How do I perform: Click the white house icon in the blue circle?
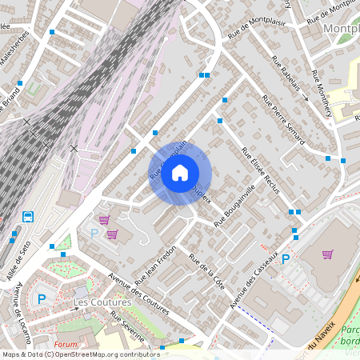pyautogui.click(x=180, y=172)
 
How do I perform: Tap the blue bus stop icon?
pyautogui.click(x=28, y=216)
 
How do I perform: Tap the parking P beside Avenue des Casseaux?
pyautogui.click(x=285, y=258)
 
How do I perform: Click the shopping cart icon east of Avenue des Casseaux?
pyautogui.click(x=327, y=254)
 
